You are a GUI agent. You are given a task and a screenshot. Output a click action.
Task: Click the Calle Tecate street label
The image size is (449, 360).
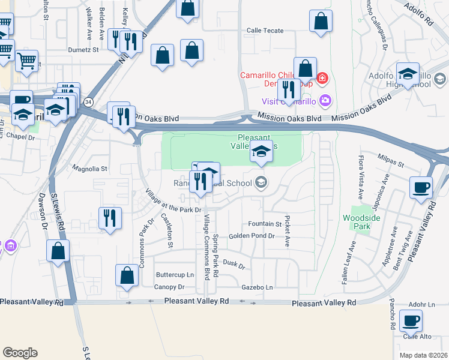265,31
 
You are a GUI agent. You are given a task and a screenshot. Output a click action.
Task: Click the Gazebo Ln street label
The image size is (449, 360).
257,287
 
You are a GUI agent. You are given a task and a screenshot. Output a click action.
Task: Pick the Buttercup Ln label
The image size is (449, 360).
175,275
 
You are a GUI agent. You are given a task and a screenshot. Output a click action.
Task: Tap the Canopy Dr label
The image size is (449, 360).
164,287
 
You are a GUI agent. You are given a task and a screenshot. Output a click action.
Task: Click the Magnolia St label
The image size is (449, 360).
89,169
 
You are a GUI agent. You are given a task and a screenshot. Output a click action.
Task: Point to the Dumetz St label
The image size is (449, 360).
83,50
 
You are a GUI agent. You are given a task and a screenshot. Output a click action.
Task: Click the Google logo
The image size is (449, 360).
20,353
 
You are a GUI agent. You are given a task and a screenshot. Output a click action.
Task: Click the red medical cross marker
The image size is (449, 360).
322,78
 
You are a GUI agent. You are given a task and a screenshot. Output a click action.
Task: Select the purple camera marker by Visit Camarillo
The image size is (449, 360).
325,100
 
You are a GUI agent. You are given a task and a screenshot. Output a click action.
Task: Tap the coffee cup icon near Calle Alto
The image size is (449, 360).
411,320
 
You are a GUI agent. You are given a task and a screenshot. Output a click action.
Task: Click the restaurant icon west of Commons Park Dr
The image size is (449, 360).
109,217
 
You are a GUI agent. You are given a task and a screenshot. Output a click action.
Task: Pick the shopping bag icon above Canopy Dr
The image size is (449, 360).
127,276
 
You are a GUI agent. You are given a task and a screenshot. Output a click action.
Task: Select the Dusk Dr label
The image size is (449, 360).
234,263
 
